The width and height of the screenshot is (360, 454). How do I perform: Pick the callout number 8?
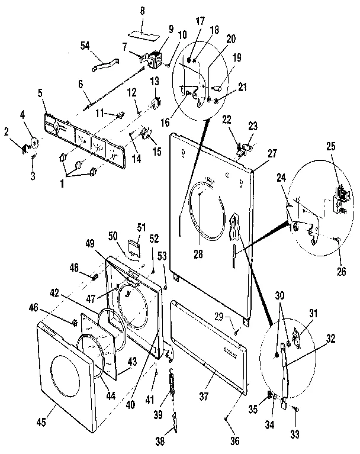coord(142,11)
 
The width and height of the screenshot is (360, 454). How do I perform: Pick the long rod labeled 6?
coord(115,85)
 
